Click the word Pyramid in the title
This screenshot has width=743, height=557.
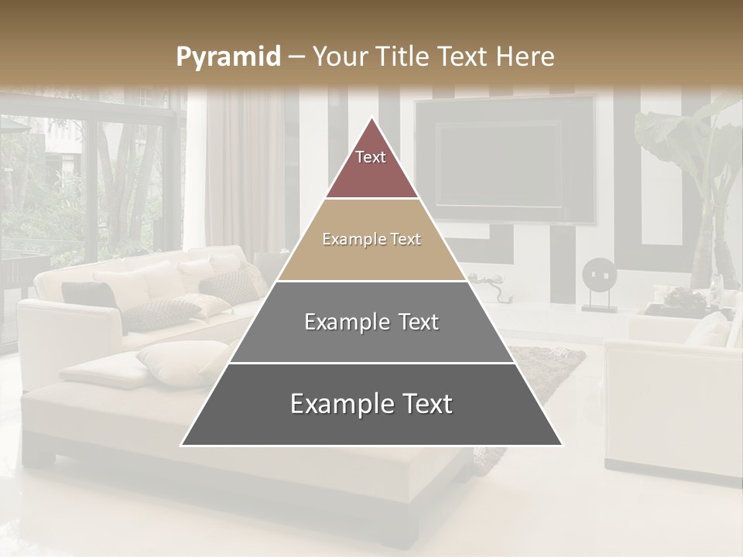click(x=228, y=57)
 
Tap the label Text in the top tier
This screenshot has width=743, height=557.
click(x=371, y=157)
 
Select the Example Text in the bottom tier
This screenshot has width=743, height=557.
click(x=371, y=404)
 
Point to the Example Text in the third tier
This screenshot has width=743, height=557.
click(x=371, y=322)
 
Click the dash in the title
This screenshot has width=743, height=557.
click(x=296, y=57)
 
